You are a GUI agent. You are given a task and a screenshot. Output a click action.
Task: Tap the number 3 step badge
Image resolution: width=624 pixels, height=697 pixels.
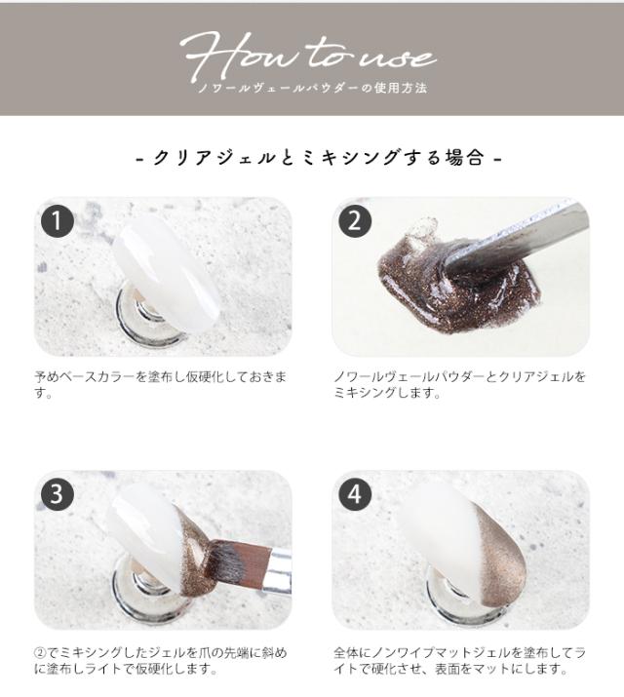coord(58,494)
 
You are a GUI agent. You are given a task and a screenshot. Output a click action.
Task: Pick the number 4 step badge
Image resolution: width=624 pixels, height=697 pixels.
coord(355,494)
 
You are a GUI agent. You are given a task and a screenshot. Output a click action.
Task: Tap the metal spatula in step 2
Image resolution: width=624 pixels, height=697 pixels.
coord(526,239)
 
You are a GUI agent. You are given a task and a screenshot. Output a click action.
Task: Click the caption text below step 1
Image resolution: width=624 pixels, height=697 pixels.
coord(161,384)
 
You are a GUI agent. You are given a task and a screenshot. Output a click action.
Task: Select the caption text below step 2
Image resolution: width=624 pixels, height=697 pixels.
coord(458,384)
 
